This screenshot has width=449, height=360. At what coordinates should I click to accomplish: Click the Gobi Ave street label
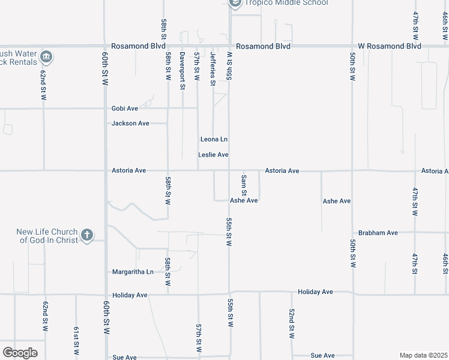[125, 109]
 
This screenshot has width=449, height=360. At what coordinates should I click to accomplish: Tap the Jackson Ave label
[130, 124]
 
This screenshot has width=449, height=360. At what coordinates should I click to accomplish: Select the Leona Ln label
[214, 139]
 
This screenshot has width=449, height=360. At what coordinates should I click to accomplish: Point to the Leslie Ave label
[213, 155]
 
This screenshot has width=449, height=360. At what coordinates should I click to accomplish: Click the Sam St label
[244, 185]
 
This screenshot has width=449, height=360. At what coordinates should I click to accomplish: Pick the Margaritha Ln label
[133, 272]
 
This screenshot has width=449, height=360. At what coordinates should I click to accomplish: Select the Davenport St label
[182, 71]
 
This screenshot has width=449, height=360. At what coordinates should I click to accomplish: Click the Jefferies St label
[212, 68]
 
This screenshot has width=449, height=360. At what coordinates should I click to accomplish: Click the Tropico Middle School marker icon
[235, 3]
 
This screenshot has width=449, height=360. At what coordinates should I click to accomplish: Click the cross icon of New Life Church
[87, 235]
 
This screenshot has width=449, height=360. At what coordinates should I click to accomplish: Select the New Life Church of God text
[48, 236]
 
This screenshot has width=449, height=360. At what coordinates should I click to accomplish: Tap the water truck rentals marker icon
[46, 58]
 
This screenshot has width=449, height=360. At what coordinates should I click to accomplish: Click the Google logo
[20, 353]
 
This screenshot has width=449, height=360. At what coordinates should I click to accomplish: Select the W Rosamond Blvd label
[390, 46]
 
